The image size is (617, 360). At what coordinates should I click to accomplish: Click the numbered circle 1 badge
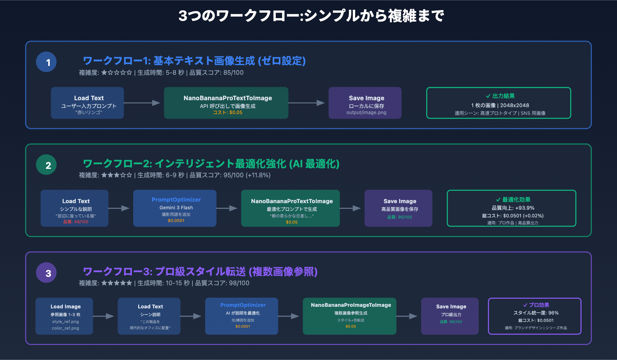[46, 62]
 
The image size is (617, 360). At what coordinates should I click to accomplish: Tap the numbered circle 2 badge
[46, 165]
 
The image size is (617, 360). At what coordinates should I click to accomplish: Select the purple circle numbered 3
[46, 273]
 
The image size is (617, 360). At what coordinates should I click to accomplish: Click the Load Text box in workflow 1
[88, 103]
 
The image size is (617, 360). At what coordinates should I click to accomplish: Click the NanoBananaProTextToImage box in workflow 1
[226, 103]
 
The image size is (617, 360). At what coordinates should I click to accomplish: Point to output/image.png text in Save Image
[366, 113]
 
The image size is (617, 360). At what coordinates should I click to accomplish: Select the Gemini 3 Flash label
[176, 208]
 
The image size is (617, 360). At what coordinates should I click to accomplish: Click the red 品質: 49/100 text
[76, 222]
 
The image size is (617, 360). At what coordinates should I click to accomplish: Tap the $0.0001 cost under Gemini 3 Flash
[176, 221]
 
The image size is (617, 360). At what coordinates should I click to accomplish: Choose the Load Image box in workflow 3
[64, 316]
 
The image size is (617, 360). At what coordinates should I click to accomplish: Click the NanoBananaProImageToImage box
[350, 316]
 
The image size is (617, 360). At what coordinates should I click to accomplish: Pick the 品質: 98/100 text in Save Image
[451, 322]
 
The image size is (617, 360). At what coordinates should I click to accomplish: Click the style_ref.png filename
[66, 321]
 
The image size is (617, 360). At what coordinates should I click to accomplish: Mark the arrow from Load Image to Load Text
[104, 316]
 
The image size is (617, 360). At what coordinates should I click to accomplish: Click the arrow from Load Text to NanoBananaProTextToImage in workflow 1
[142, 103]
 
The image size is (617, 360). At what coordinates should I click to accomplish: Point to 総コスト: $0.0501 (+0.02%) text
[513, 216]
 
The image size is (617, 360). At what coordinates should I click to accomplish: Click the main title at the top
[311, 16]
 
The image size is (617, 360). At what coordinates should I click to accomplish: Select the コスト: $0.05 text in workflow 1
[228, 113]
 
